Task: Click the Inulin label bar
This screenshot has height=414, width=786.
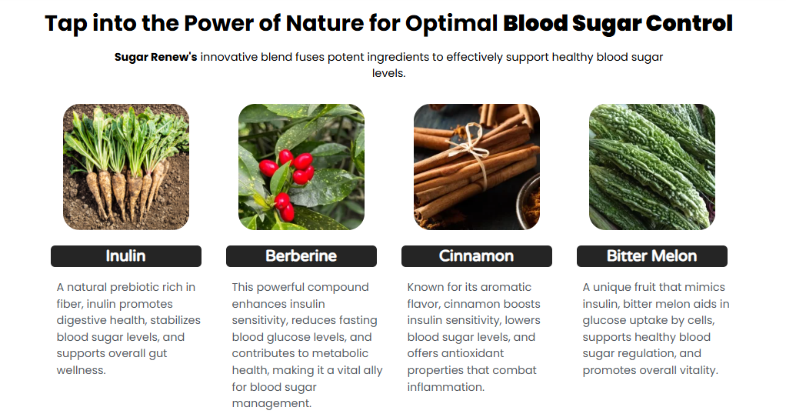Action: click(126, 256)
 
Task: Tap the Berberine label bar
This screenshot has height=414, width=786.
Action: click(301, 256)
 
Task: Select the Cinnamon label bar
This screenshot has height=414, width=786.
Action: click(477, 256)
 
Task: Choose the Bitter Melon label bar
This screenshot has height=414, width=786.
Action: click(652, 256)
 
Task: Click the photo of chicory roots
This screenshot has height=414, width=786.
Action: click(126, 167)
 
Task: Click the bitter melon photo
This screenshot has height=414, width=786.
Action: click(652, 167)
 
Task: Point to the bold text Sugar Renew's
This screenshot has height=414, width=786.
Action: click(156, 57)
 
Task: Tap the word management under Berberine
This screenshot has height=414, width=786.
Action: click(271, 403)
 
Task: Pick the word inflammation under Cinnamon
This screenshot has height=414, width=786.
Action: click(445, 387)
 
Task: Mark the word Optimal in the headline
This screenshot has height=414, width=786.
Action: click(451, 24)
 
